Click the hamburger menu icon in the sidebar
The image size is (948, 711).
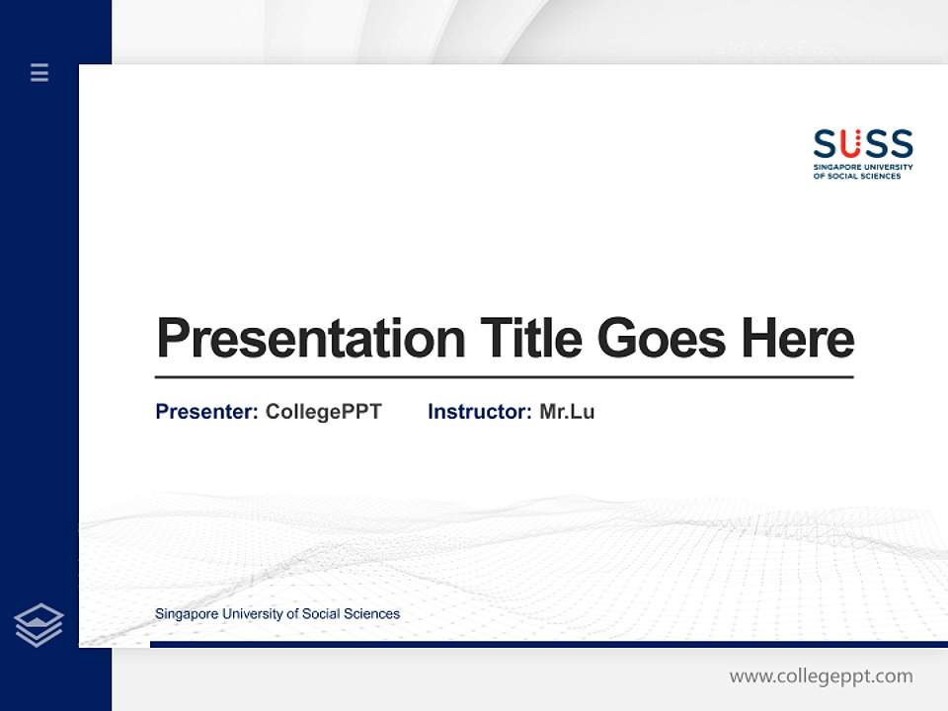[39, 72]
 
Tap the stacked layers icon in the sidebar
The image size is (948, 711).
[39, 625]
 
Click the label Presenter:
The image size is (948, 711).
[206, 412]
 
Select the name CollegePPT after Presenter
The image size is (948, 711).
[323, 412]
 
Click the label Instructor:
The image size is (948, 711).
[479, 412]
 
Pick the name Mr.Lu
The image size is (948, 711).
[567, 412]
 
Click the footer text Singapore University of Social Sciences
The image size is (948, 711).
[277, 614]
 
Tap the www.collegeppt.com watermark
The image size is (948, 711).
[821, 676]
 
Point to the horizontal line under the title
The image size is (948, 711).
[504, 377]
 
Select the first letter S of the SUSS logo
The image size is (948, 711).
[825, 144]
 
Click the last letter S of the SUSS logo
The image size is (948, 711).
[902, 144]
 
